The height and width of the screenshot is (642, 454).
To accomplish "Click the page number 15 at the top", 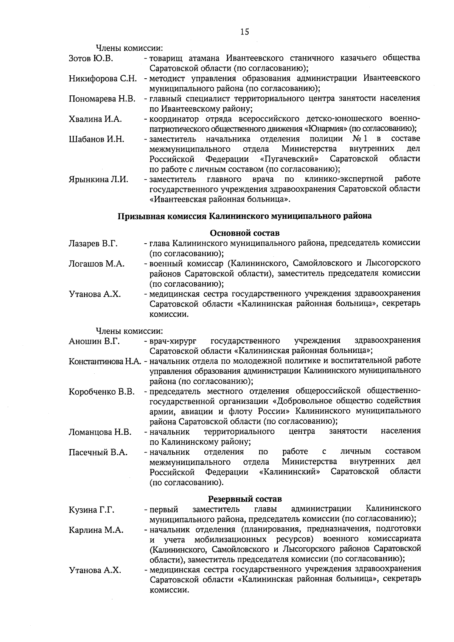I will (x=244, y=32).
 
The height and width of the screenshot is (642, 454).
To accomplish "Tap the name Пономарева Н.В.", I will (x=102, y=99).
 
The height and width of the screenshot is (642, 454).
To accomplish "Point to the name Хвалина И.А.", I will (x=95, y=119).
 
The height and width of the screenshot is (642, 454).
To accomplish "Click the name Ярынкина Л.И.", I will (x=98, y=179).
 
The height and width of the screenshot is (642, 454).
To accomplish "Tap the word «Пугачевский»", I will (x=289, y=159).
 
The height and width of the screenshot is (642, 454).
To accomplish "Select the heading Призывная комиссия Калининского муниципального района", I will (x=244, y=216).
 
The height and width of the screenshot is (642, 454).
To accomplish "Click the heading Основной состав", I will (x=244, y=233).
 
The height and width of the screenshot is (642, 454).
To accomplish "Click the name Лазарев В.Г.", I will (x=93, y=244).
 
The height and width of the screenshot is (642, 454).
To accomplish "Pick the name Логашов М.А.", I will (x=96, y=264).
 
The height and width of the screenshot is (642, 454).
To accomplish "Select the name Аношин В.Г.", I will (x=94, y=342).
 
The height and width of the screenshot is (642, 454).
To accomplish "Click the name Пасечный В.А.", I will (x=98, y=452).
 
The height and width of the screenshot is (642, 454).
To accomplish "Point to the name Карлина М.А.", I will (x=96, y=530).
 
